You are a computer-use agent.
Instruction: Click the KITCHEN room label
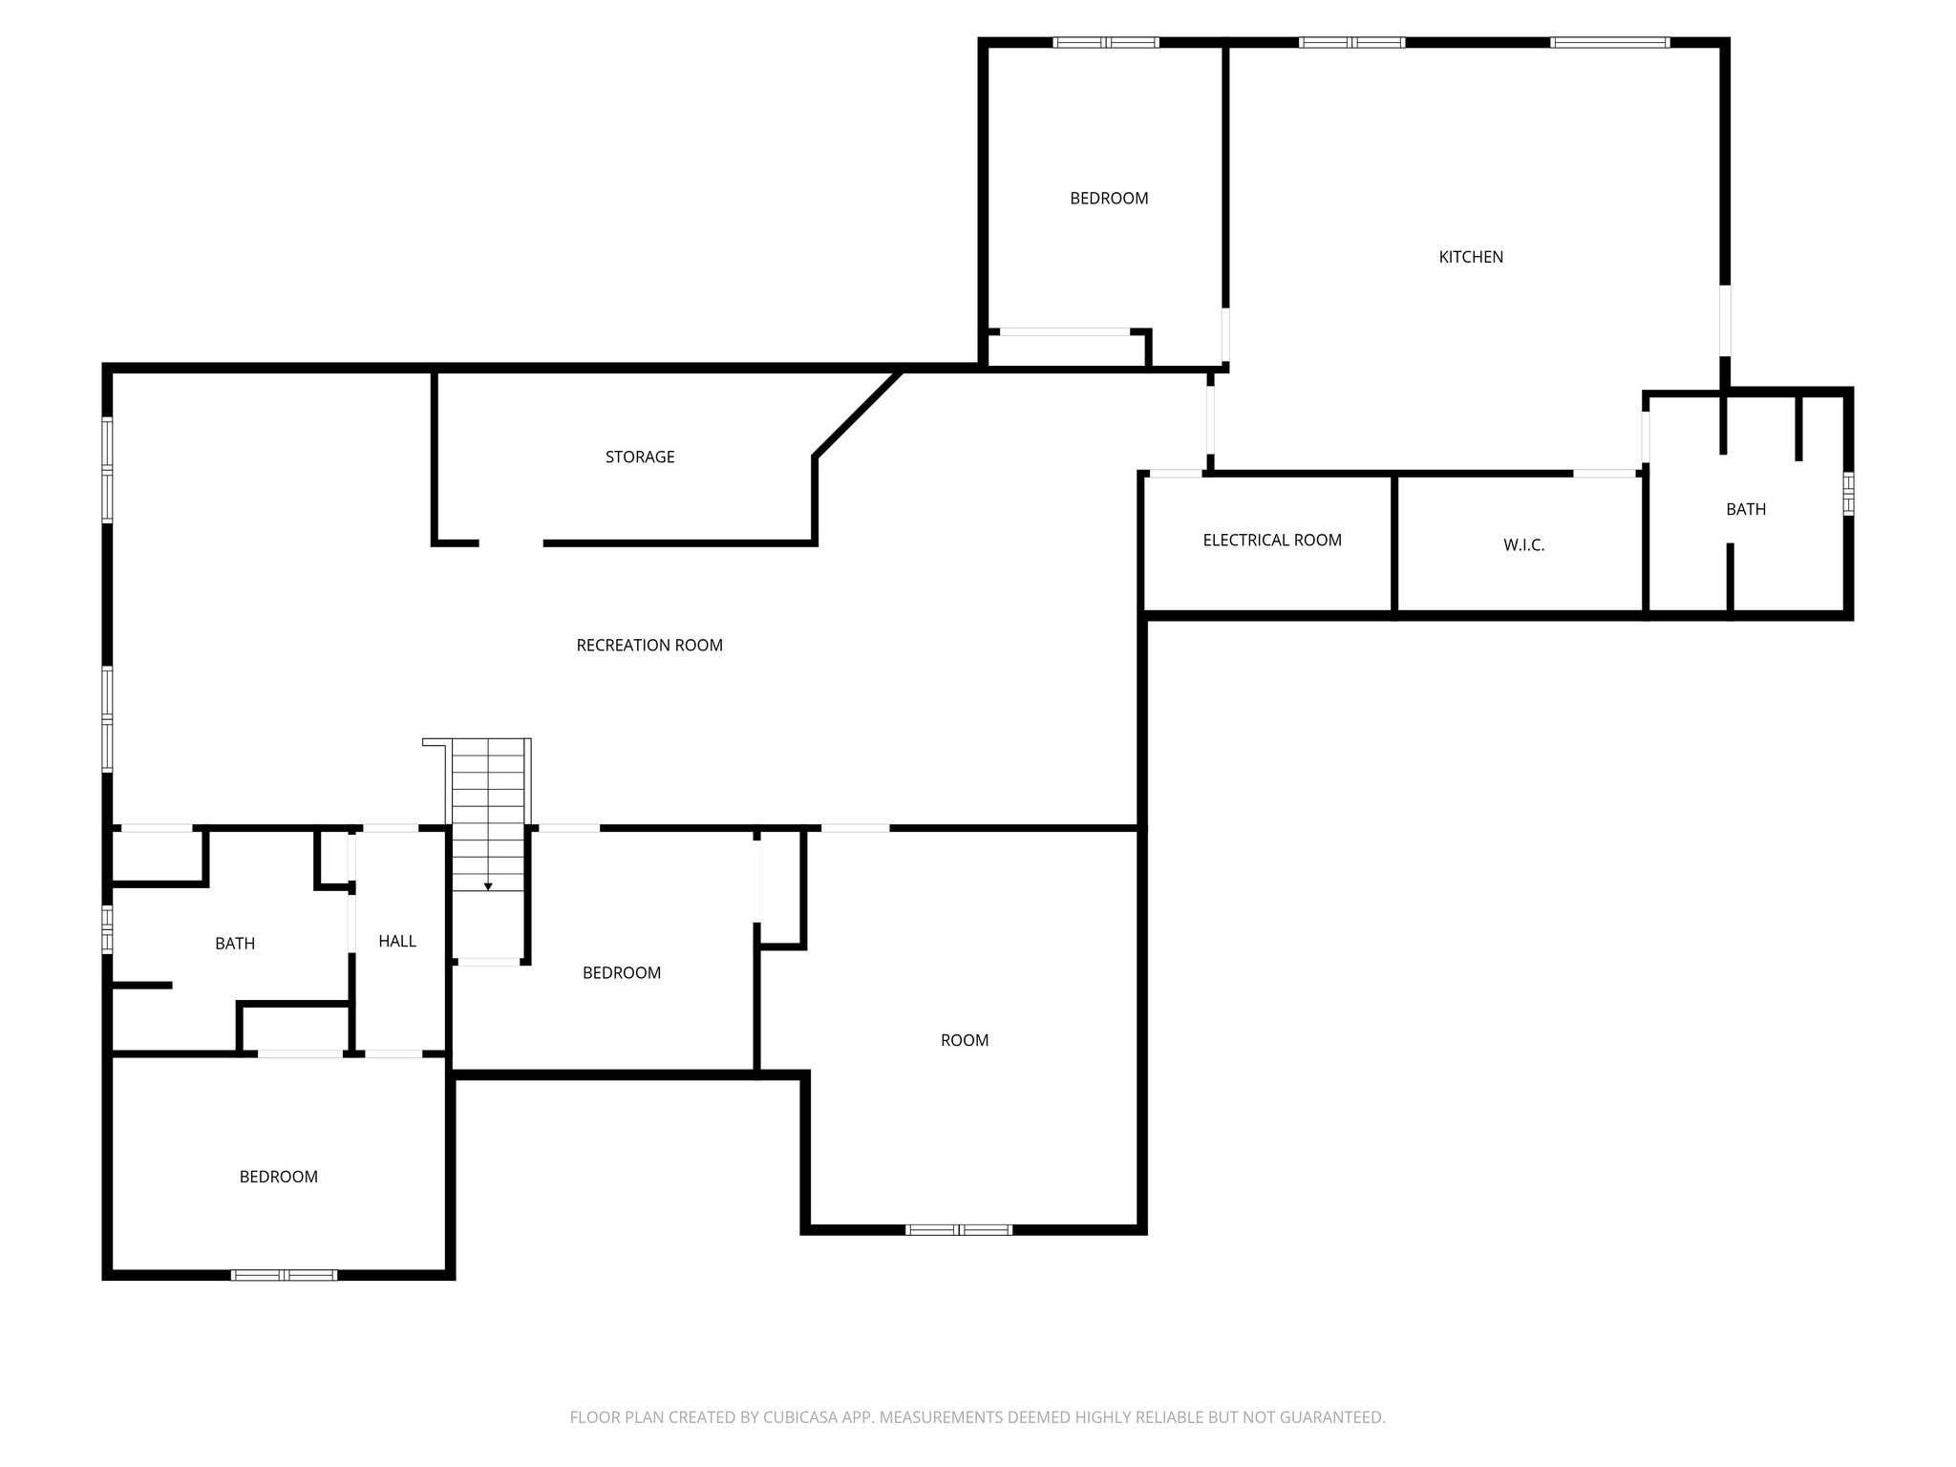[x=1471, y=257]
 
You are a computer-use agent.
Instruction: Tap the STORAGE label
[x=640, y=457]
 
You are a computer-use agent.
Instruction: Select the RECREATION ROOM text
[x=649, y=646]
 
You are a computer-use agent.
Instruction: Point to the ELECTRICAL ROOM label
[x=1272, y=541]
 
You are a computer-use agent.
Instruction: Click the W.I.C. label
[x=1523, y=545]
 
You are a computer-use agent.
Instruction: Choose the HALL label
[x=397, y=942]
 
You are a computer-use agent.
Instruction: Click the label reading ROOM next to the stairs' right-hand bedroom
[x=965, y=1041]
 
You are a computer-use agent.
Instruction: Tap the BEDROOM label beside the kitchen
[x=1109, y=199]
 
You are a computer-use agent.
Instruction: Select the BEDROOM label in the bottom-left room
[x=279, y=1178]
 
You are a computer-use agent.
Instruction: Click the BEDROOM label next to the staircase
[x=622, y=973]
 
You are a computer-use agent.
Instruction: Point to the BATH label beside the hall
[x=235, y=944]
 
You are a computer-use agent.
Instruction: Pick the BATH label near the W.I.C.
[x=1746, y=510]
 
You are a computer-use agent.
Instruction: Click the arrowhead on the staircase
[x=488, y=887]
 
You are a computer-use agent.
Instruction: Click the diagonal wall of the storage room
[x=858, y=414]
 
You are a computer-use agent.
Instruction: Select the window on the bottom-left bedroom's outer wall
[x=285, y=1274]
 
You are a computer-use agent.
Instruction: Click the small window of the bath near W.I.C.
[x=1848, y=493]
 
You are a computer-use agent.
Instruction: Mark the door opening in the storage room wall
[x=511, y=543]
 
